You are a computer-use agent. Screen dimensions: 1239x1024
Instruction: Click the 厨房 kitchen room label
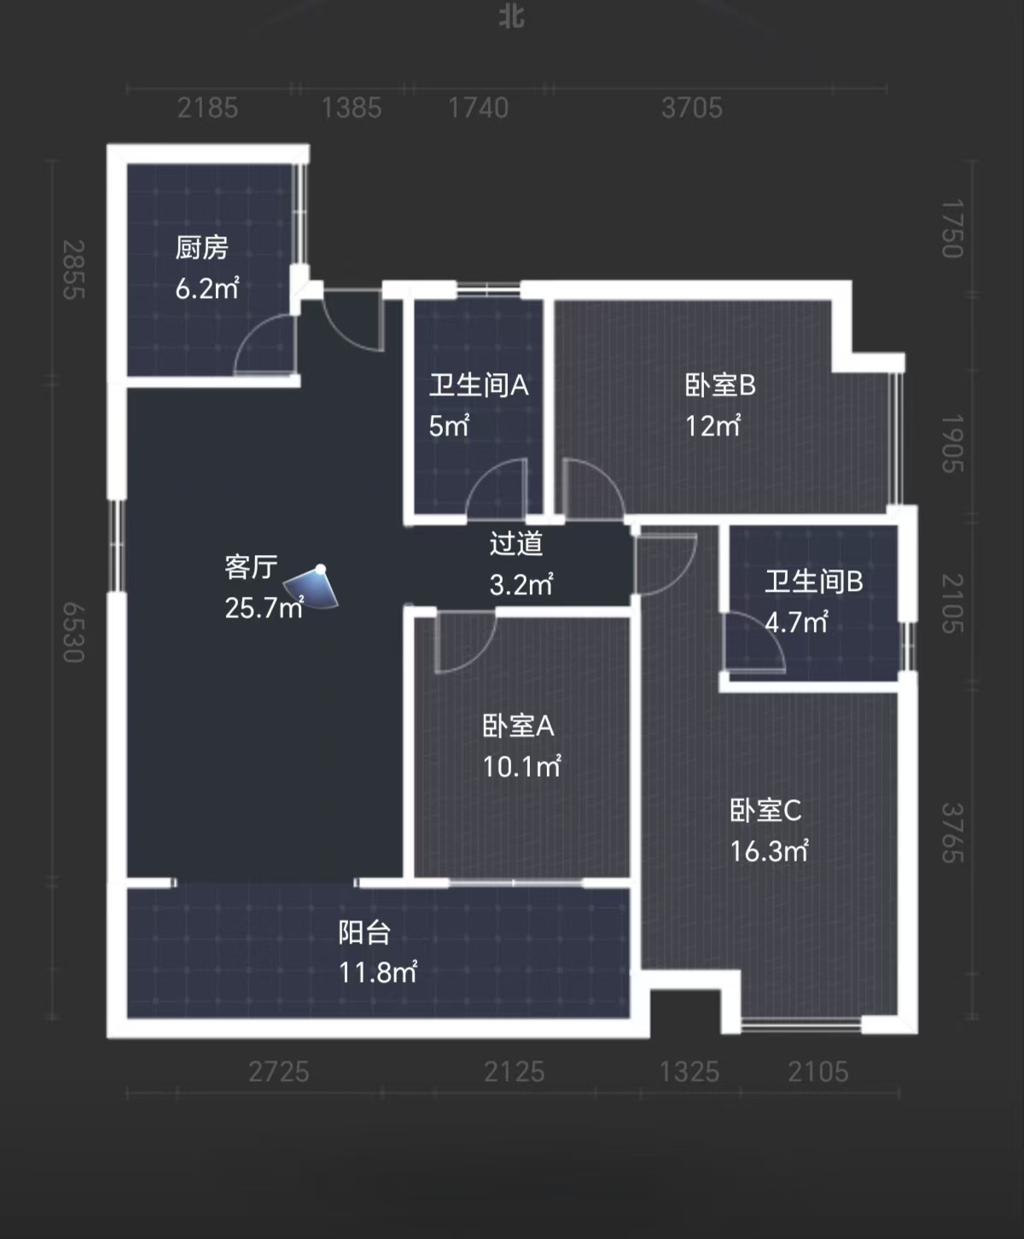tap(202, 248)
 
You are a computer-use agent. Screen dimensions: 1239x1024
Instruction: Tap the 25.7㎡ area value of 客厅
tap(264, 608)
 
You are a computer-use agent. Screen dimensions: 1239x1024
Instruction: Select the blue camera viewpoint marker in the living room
tap(312, 587)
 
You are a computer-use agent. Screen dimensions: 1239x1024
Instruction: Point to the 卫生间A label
tap(478, 386)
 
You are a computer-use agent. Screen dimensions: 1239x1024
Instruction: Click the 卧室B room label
tap(720, 386)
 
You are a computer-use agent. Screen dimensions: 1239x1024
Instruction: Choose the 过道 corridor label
tap(516, 544)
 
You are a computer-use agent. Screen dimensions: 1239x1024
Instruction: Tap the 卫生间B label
tap(813, 582)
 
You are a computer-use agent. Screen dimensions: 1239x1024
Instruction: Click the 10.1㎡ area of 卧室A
tap(521, 767)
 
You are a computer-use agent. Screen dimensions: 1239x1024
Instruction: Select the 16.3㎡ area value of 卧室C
tap(768, 851)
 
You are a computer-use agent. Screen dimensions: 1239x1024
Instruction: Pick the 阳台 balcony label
tap(364, 932)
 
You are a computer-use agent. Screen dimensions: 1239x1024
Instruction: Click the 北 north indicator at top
tap(512, 17)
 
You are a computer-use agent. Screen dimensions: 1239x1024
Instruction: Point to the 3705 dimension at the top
tap(691, 108)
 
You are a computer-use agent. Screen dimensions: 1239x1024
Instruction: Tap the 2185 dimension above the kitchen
tap(207, 108)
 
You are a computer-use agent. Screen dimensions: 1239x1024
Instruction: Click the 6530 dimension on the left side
tap(74, 632)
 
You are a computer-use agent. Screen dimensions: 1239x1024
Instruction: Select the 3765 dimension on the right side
tap(951, 833)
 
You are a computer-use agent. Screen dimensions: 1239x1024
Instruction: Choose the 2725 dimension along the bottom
tap(278, 1072)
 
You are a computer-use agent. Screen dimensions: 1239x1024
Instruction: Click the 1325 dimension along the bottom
tap(689, 1072)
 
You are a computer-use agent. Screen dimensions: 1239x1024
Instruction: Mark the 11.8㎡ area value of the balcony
tap(377, 973)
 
